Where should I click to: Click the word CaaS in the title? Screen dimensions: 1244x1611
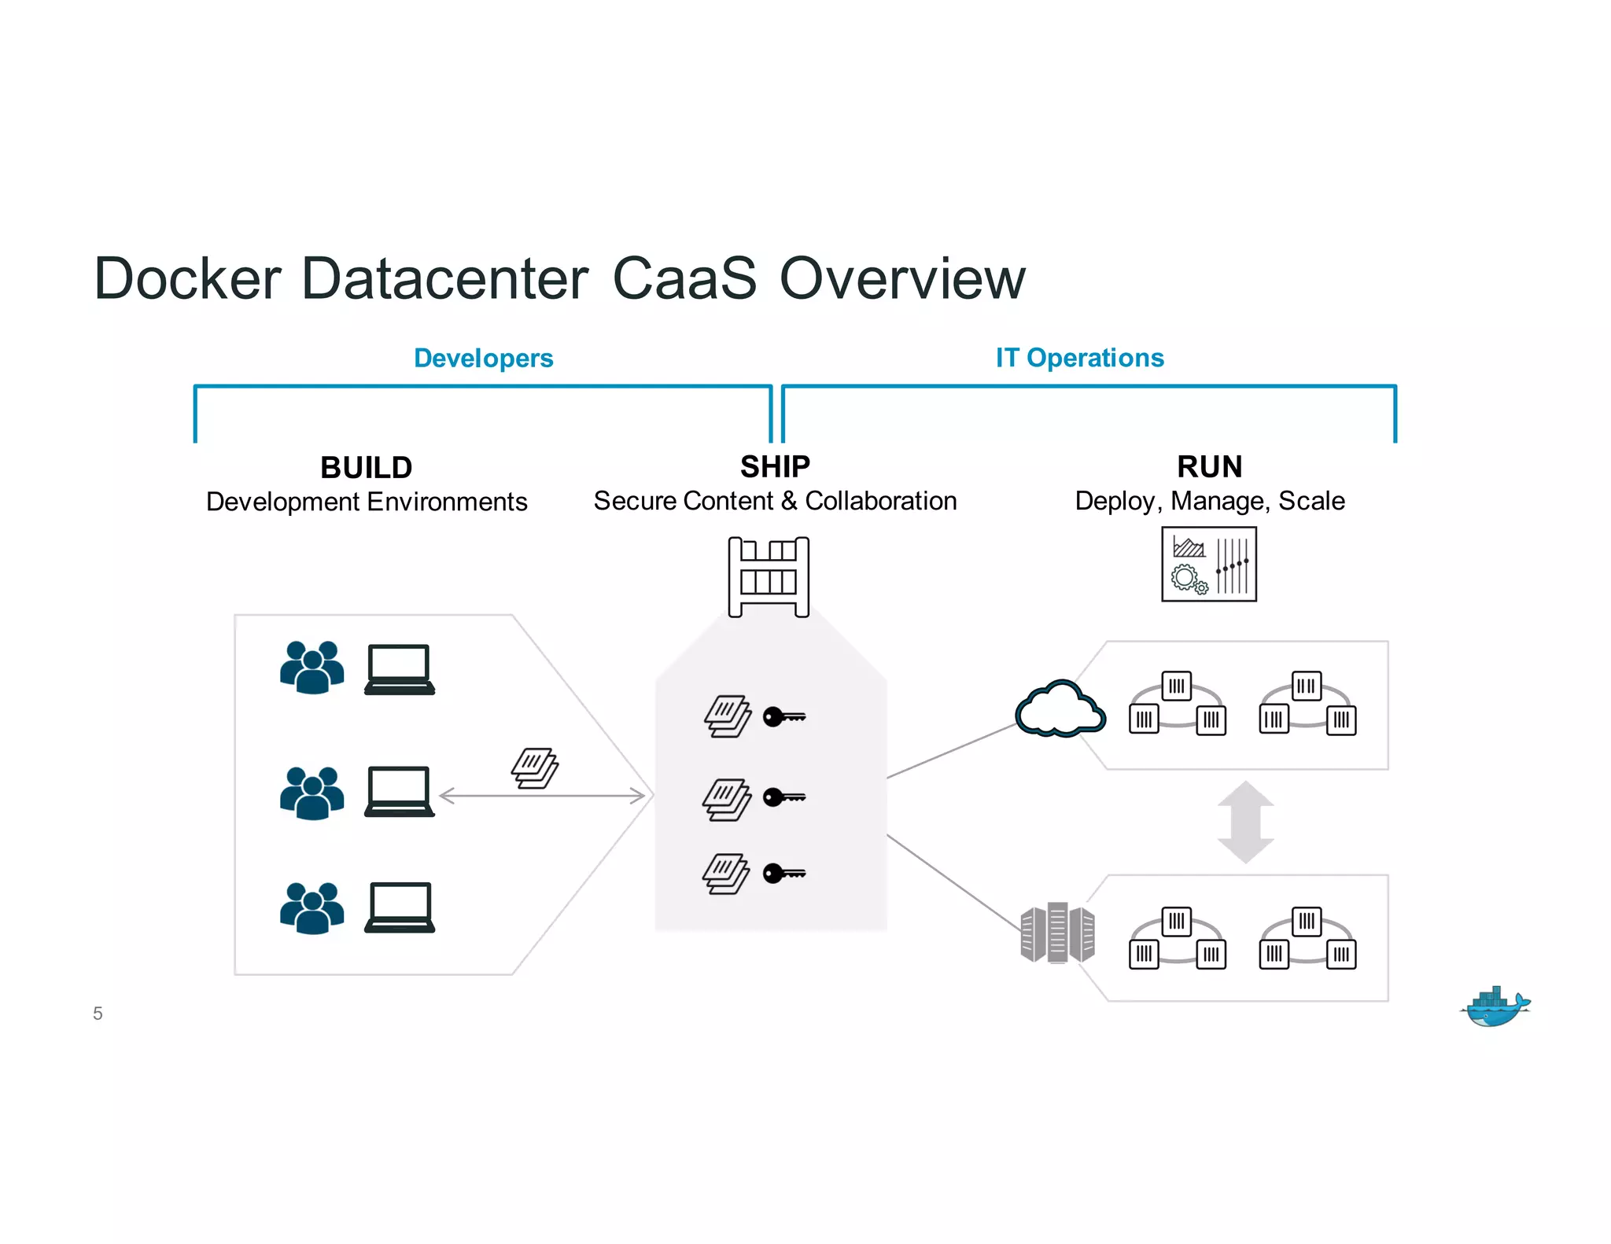(x=684, y=278)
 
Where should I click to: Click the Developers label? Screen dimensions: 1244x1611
(x=483, y=358)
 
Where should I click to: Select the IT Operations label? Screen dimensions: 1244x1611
(x=1079, y=358)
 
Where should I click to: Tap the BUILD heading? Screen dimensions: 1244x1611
(x=366, y=468)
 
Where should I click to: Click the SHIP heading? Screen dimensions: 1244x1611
(x=774, y=467)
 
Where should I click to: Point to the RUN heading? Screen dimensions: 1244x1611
(x=1209, y=467)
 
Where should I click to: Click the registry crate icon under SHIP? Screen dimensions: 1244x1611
(x=769, y=576)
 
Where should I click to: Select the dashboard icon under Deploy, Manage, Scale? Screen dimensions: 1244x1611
(x=1208, y=565)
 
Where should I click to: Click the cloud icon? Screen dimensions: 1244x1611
(x=1060, y=708)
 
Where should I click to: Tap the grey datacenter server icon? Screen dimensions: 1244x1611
(x=1057, y=933)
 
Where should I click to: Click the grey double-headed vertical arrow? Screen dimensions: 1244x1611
(x=1245, y=822)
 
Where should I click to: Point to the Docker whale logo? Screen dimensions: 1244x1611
(x=1495, y=1007)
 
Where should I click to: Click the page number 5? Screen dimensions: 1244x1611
(x=98, y=1014)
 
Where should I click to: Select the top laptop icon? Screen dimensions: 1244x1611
(x=400, y=669)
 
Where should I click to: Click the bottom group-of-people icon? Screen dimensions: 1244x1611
(x=312, y=908)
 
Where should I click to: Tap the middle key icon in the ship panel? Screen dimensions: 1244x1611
(x=783, y=797)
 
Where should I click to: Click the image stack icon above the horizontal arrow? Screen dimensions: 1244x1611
(x=535, y=767)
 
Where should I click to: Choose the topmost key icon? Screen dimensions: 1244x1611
(x=783, y=716)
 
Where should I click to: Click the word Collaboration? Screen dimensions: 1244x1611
(x=880, y=501)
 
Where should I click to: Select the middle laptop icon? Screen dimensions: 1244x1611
(x=400, y=791)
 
